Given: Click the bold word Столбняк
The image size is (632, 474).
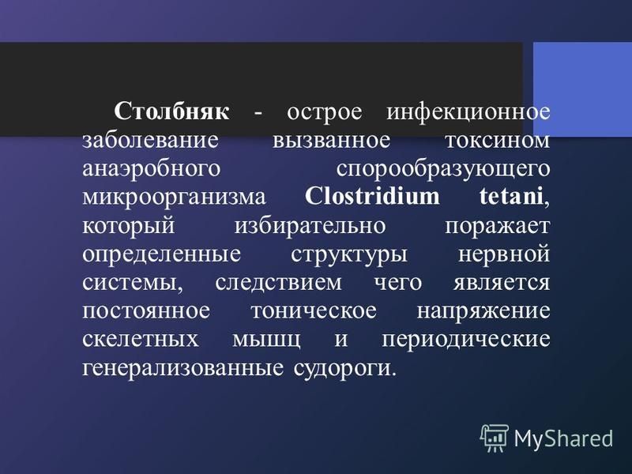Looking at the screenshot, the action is pyautogui.click(x=171, y=111).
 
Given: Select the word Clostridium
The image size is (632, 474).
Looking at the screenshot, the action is pyautogui.click(x=372, y=197).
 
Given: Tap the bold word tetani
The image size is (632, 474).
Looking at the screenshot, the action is pyautogui.click(x=511, y=197).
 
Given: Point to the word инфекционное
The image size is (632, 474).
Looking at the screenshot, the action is pyautogui.click(x=468, y=111).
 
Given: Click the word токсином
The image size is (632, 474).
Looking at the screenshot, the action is pyautogui.click(x=498, y=141).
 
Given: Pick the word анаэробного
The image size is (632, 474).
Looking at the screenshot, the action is pyautogui.click(x=152, y=169).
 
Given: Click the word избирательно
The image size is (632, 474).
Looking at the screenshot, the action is pyautogui.click(x=310, y=225).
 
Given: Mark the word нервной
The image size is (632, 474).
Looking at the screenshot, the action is pyautogui.click(x=504, y=254).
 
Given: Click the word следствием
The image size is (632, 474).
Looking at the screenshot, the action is pyautogui.click(x=278, y=283).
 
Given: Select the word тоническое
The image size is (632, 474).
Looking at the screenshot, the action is pyautogui.click(x=314, y=311).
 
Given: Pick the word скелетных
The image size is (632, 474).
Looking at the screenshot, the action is pyautogui.click(x=141, y=340).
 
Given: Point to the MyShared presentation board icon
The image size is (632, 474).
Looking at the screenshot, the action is pyautogui.click(x=495, y=438).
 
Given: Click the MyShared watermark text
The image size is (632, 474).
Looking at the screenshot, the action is pyautogui.click(x=563, y=438).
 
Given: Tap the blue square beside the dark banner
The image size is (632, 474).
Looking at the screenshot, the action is pyautogui.click(x=582, y=89).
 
